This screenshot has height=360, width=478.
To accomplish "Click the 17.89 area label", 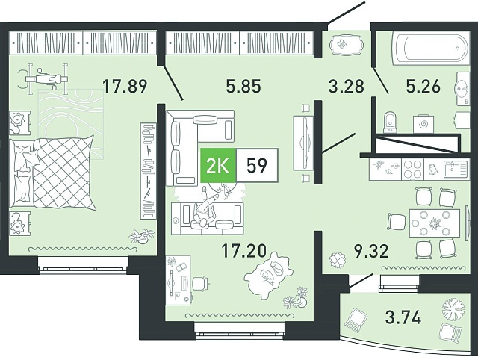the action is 125,87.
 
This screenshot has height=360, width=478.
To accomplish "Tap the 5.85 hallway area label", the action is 243,87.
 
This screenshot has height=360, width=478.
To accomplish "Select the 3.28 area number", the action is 347,87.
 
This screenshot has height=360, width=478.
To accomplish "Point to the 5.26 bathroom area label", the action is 423,87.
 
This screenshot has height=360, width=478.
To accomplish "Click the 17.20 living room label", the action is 244,251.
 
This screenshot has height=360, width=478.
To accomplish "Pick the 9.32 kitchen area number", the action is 371,251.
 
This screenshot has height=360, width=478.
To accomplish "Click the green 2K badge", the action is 218,166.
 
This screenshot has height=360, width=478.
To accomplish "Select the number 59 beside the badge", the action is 257,166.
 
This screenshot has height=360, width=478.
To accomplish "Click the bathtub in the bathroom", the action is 432,48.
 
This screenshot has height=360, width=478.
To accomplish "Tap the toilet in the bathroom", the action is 389,122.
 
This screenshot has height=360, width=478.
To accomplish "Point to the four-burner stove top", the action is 412,170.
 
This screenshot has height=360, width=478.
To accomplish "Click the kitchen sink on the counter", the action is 455,170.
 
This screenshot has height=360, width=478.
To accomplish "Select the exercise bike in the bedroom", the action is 44,78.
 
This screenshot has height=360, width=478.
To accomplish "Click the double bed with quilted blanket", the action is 52,173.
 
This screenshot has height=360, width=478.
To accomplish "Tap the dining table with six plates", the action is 434,223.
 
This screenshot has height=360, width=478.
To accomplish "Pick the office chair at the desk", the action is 200,283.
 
